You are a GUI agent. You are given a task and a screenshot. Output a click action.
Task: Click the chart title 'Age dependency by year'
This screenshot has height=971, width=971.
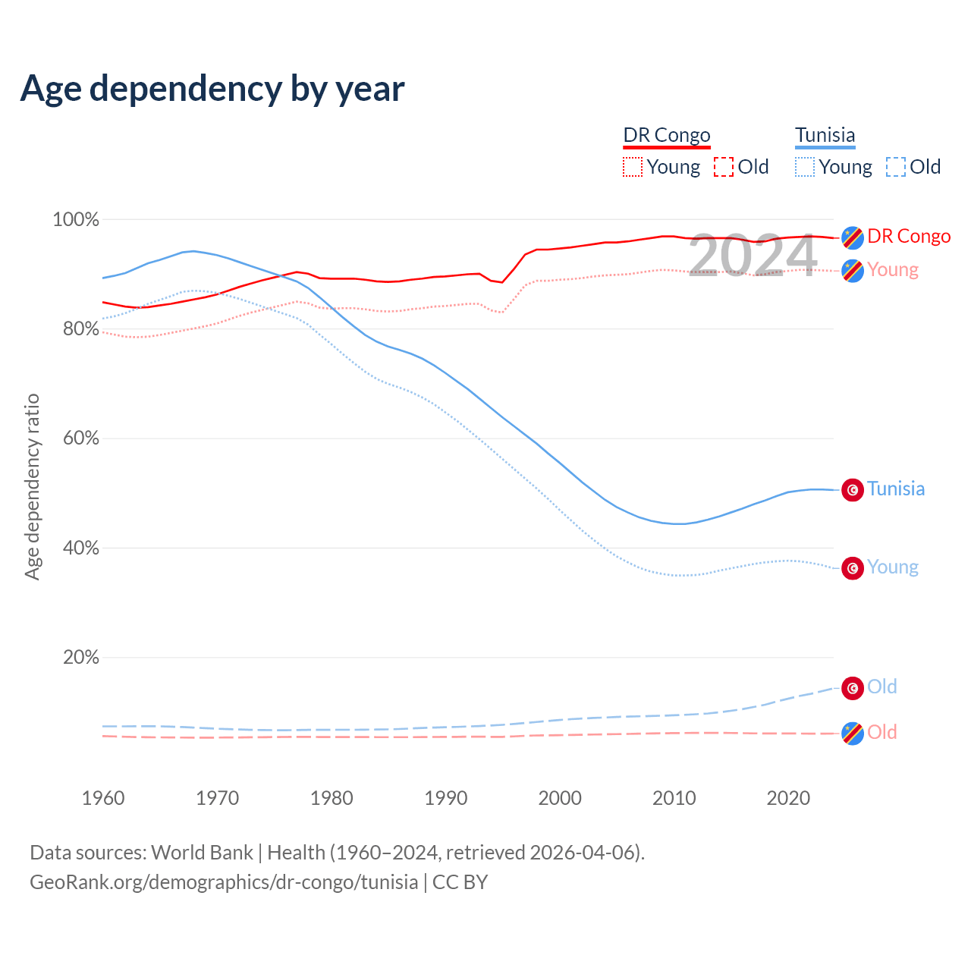pos(212,89)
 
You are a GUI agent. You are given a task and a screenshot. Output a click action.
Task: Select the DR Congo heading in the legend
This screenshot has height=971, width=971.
pos(667,135)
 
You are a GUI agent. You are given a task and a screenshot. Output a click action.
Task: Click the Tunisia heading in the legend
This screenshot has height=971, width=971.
pos(825,135)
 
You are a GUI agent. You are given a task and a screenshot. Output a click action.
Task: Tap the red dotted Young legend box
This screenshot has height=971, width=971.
pos(632,167)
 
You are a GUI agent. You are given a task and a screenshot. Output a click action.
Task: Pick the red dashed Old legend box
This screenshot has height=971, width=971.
pos(724,167)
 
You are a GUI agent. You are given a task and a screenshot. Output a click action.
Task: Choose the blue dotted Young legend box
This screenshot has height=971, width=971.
pos(805,167)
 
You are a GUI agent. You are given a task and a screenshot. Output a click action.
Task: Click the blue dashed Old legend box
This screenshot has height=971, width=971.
pos(896,167)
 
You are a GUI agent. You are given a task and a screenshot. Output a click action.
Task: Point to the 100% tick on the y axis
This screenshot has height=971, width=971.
pos(76,220)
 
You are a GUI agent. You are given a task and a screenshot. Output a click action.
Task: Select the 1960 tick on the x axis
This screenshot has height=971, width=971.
pos(103,798)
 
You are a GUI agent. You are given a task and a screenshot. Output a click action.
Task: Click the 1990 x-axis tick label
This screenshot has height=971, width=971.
pos(446,798)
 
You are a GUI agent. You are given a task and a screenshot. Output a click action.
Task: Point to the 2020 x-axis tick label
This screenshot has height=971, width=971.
pos(788,798)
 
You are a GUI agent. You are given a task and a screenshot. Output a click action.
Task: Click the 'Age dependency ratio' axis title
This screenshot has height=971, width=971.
pos(32,486)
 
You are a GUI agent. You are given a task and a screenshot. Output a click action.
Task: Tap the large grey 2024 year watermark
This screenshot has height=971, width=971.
pos(753,256)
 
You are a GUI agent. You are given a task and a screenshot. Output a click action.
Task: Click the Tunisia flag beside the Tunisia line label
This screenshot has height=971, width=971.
pos(853,490)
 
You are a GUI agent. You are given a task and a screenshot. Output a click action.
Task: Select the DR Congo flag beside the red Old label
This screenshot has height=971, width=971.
pos(853,734)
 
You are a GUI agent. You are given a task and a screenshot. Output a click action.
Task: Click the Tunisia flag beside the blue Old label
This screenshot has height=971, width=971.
pos(853,687)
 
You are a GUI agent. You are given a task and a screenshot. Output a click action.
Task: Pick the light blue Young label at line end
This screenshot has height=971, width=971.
pos(892,567)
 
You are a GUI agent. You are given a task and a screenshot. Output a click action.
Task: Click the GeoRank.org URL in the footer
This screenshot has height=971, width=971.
pos(224,882)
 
